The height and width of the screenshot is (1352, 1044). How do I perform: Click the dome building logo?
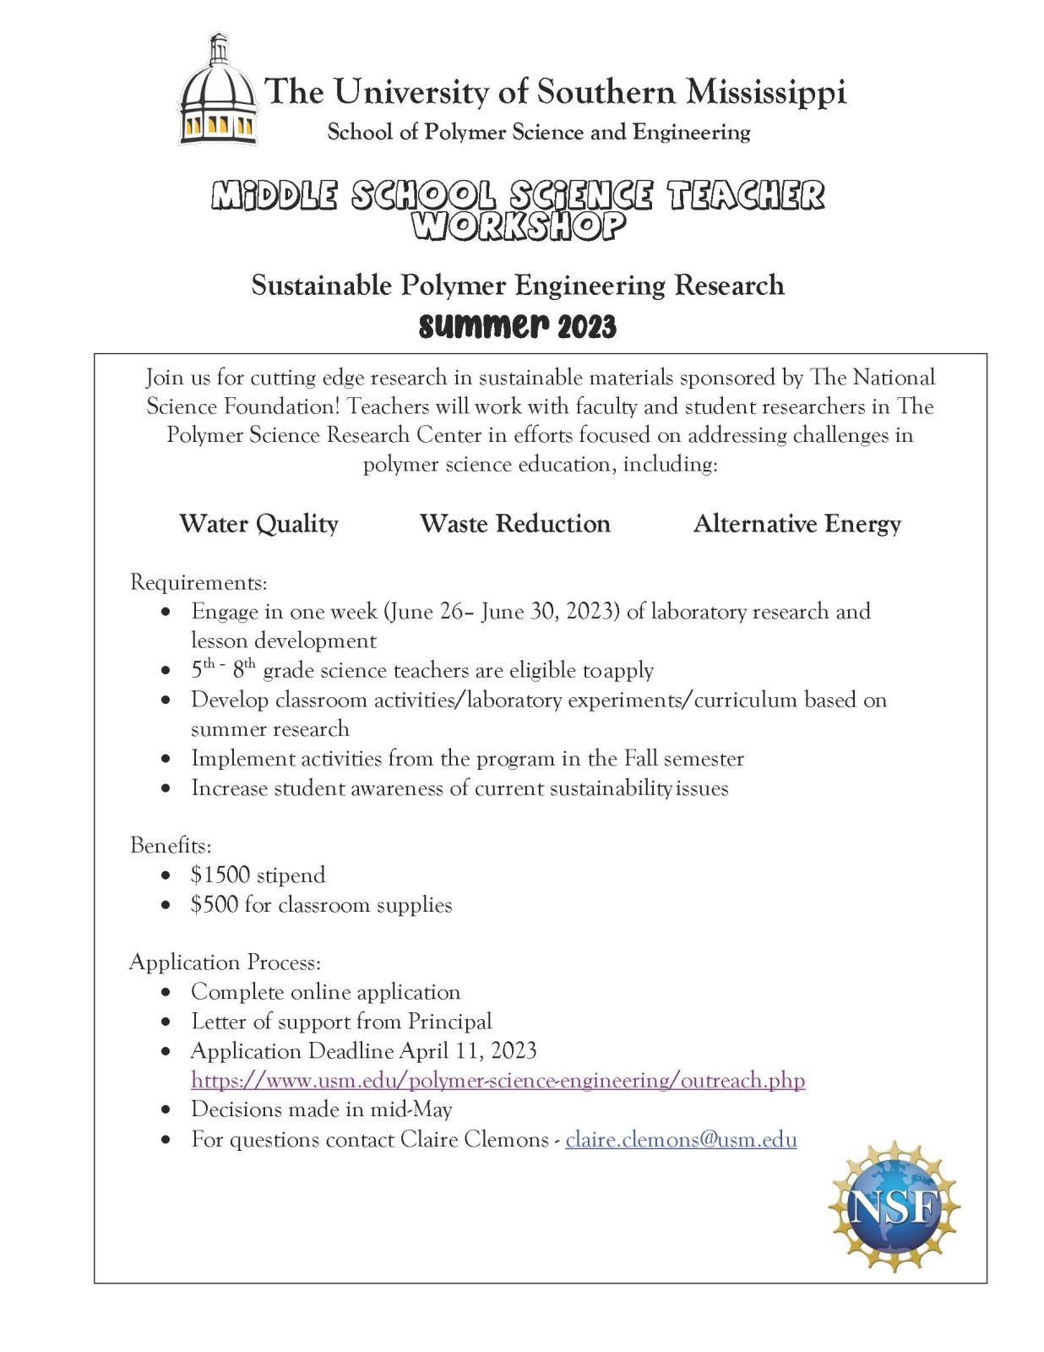tap(217, 90)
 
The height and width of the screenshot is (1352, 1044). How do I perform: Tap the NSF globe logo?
tap(894, 1208)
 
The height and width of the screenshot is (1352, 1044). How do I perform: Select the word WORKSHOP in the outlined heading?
tap(519, 226)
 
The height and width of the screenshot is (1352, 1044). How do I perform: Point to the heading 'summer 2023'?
tap(517, 326)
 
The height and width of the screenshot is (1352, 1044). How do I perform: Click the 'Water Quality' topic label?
tap(258, 524)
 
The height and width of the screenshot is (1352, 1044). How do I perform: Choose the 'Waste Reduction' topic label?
tap(514, 524)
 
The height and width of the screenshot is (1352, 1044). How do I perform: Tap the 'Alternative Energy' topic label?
tap(797, 524)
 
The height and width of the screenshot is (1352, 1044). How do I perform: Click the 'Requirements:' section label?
tap(198, 582)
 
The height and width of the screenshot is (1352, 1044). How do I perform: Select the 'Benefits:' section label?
tap(171, 846)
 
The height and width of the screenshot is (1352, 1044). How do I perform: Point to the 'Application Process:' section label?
tap(225, 962)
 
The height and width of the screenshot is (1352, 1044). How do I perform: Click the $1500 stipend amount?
tap(220, 875)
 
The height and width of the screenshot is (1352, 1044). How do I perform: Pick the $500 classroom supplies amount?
tap(215, 904)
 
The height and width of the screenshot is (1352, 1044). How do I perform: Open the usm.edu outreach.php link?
tap(498, 1080)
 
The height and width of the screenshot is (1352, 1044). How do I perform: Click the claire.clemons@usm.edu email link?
tap(681, 1139)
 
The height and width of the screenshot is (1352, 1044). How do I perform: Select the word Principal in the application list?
tap(449, 1021)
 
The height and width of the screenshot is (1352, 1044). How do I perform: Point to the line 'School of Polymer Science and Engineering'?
tap(538, 132)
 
